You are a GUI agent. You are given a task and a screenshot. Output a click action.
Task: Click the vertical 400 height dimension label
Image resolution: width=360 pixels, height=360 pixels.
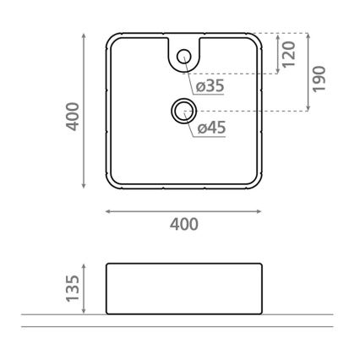coord(74,116)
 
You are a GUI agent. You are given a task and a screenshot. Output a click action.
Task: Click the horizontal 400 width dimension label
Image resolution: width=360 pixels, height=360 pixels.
coord(183,224)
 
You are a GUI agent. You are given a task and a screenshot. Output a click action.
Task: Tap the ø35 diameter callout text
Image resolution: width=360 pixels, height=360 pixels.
coord(210,86)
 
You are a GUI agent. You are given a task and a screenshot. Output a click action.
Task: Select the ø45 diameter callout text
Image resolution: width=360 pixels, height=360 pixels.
coord(210,128)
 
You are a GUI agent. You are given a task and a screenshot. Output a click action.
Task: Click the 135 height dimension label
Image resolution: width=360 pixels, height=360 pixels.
coord(74,289)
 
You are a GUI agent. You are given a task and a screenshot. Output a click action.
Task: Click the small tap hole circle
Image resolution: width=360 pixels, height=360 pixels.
coord(183,57)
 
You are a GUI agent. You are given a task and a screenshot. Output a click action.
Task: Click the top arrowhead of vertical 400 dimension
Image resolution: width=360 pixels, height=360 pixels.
coord(85,36)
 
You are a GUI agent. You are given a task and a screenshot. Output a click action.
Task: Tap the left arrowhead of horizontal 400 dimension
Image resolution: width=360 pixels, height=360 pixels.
coord(108,211)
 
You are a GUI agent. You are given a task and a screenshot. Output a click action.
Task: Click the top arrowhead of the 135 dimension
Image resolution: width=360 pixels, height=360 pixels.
coord(85,265)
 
